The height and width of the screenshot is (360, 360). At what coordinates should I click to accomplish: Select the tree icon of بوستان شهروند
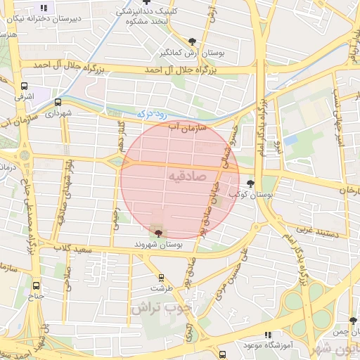[x=157, y=233]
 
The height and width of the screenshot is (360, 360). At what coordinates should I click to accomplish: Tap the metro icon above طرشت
[x=161, y=277]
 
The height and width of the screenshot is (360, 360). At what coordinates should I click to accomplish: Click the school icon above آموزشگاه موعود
[x=266, y=335]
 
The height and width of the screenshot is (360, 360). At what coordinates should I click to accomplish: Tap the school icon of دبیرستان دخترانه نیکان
[x=44, y=8]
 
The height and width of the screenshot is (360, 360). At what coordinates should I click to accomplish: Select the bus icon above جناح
[x=37, y=286]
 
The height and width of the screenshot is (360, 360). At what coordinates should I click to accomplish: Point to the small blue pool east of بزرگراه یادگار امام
[x=290, y=140]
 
